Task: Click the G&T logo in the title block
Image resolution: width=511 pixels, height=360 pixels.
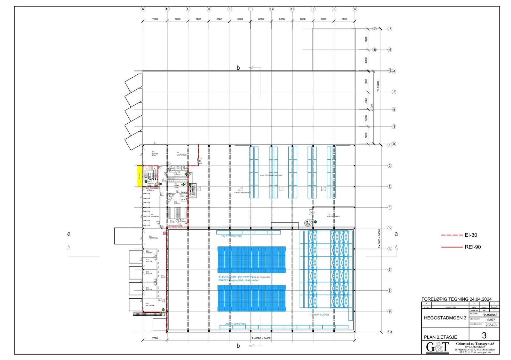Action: click(438, 347)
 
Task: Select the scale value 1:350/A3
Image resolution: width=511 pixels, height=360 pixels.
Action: click(490, 315)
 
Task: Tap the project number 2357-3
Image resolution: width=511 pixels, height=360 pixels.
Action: click(491, 325)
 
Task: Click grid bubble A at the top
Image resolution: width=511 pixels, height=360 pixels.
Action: click(143, 9)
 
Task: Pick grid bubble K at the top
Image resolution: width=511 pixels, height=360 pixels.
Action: click(355, 9)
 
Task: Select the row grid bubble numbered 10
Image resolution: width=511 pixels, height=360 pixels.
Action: click(390, 332)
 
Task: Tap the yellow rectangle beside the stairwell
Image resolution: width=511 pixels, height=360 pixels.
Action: click(140, 176)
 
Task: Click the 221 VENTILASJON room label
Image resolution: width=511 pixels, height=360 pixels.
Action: click(182, 154)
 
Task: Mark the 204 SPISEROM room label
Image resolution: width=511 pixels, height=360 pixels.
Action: click(154, 216)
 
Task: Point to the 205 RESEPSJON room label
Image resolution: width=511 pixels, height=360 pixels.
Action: click(153, 237)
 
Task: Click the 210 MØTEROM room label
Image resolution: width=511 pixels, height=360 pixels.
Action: click(149, 304)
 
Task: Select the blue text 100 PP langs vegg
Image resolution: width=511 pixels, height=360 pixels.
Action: click(231, 236)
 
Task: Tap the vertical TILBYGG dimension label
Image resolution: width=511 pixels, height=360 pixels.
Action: click(378, 86)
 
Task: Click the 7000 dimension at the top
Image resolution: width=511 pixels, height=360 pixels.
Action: click(155, 19)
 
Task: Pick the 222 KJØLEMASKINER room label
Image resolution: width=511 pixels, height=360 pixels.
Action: click(333, 216)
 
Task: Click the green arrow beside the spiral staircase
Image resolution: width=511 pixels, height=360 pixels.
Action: click(315, 221)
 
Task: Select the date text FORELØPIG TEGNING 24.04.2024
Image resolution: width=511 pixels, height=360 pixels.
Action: click(456, 299)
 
